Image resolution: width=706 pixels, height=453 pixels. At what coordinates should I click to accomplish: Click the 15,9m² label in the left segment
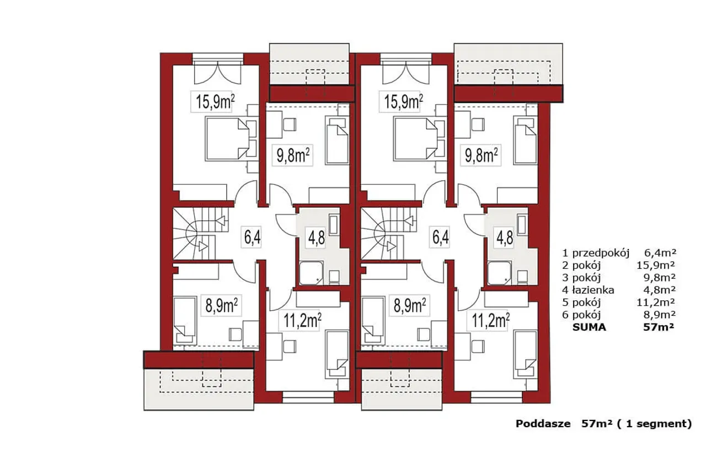[215, 102]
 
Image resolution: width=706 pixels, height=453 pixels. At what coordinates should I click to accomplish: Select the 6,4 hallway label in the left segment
[253, 237]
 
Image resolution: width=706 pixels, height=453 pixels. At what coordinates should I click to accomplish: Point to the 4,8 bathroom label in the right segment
[505, 238]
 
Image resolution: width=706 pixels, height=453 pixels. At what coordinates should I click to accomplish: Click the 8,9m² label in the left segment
[222, 305]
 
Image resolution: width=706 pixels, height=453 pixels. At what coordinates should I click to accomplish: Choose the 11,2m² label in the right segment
[491, 321]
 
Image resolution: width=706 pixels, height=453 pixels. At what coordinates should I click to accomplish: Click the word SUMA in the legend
[589, 327]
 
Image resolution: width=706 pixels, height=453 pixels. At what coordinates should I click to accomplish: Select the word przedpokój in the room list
[601, 253]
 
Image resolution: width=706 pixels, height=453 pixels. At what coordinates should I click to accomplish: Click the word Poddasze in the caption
[543, 424]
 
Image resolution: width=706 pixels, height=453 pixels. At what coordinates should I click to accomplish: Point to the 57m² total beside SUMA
[659, 327]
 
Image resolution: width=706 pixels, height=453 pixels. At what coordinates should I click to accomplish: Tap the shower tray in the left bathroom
[311, 273]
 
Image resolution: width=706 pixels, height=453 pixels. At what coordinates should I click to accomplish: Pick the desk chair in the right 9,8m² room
[478, 124]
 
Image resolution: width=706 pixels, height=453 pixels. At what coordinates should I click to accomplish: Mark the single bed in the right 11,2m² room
[526, 354]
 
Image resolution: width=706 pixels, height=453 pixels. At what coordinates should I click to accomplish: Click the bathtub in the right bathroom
[522, 225]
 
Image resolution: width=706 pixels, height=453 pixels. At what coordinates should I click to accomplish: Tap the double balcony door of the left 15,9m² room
[217, 73]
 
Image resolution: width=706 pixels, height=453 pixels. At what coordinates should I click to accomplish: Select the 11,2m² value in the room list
[656, 302]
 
